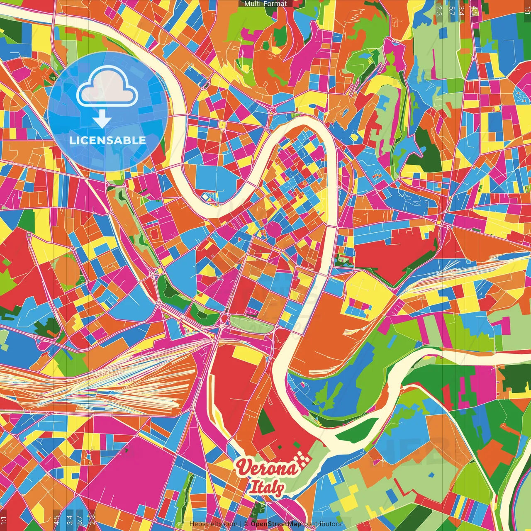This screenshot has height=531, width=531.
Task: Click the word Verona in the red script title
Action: coord(267,468)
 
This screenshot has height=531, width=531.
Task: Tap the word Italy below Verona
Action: coord(266,488)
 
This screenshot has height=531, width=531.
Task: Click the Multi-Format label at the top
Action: coord(265,4)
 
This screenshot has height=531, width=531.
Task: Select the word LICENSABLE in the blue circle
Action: coord(108,140)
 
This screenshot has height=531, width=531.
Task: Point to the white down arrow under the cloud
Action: coord(102,119)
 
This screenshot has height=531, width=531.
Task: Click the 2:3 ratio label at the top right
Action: coord(439,10)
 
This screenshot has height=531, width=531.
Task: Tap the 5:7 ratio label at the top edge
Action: coord(451,10)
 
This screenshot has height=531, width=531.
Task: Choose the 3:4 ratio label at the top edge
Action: coord(462,10)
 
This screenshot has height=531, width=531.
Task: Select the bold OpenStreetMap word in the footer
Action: coord(276,524)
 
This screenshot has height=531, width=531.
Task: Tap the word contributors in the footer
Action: coord(322,524)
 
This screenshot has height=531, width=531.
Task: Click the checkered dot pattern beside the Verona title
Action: coord(304,459)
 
